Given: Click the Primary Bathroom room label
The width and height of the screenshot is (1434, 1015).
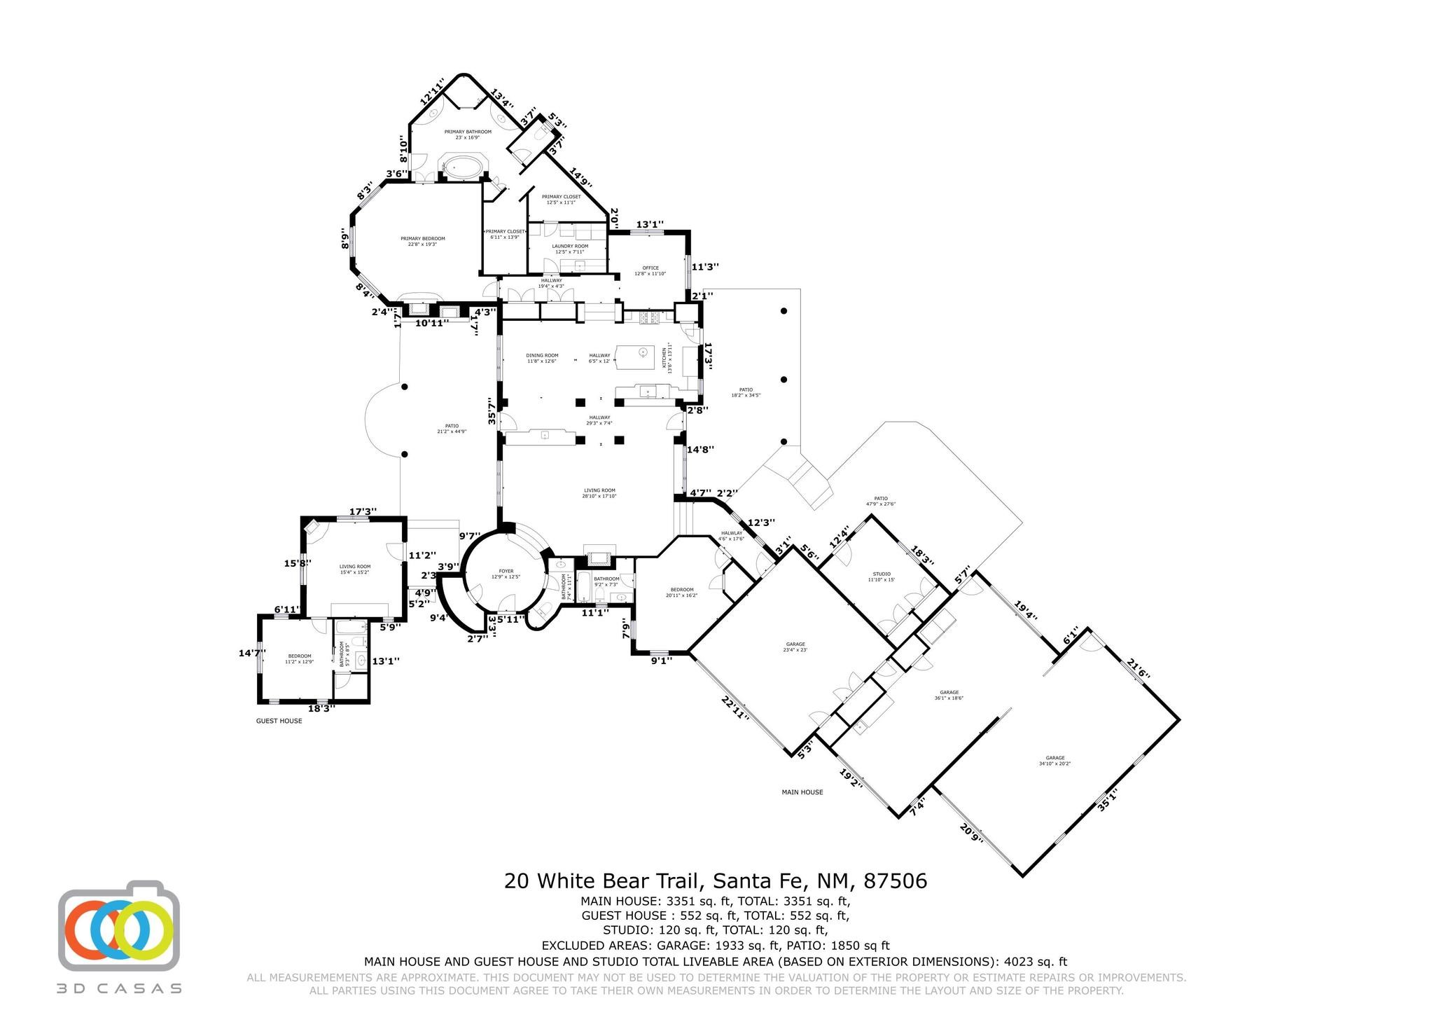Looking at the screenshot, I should pos(467,134).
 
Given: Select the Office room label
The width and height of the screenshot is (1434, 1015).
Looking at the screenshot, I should pos(650,270).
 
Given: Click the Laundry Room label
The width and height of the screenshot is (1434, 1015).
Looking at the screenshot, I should pos(570,249).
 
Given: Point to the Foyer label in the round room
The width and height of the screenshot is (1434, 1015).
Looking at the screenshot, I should pos(506,574).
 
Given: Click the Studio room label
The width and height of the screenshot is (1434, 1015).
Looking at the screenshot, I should pos(881,576).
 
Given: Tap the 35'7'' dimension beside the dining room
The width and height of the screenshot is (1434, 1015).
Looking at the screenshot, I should pos(492,411).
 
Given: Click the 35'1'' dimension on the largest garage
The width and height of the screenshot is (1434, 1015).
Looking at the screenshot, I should pos(1107,799).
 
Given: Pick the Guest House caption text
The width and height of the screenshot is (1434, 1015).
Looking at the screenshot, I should pos(279,721).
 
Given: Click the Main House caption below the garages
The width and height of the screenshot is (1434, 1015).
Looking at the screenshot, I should pos(802,792).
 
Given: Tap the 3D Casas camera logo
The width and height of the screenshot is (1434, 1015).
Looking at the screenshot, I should pos(119,925).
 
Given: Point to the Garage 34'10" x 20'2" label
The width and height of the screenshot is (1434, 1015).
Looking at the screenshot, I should pos(1054,761).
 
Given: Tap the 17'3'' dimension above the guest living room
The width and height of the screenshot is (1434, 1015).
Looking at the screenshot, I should pos(363,512).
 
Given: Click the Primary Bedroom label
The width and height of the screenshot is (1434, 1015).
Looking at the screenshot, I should pos(422,241).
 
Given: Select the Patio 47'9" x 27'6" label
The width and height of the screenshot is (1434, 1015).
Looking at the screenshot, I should pos(880,501).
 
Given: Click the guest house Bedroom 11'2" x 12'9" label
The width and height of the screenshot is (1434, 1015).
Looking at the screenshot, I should pos(299,658).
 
